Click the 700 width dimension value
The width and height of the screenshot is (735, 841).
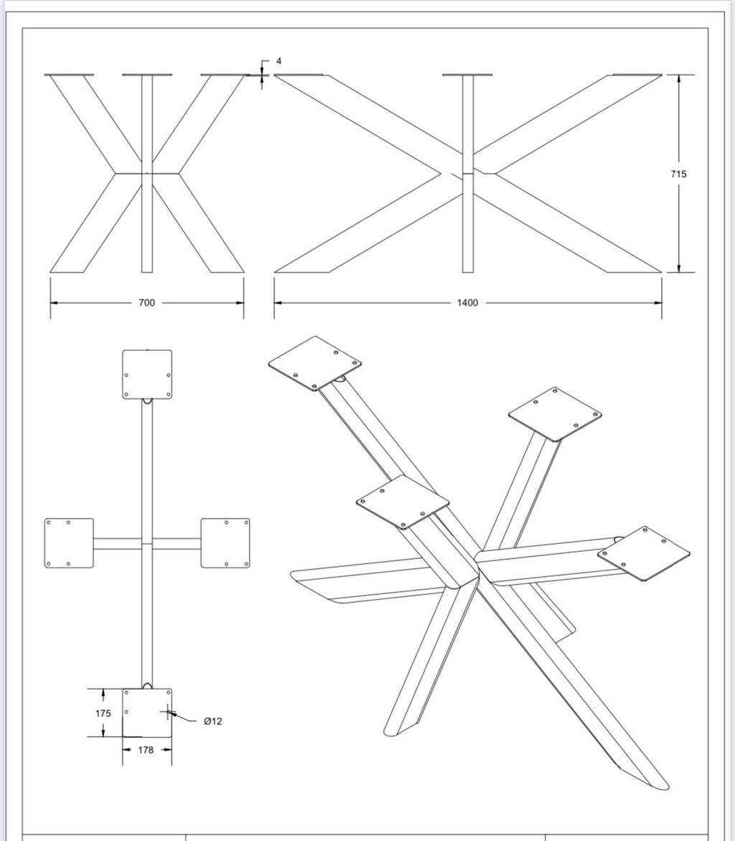point(146,303)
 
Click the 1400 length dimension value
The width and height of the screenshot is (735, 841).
point(467,303)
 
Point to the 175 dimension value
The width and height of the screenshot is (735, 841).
point(103,713)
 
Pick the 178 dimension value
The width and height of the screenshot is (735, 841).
point(146,749)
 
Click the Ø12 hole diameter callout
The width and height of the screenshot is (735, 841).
point(213,721)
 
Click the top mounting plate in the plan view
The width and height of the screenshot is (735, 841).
point(147,375)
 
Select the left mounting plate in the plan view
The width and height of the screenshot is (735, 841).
point(69,542)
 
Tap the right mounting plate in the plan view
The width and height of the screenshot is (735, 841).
point(225,542)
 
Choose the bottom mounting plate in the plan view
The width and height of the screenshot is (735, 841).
point(147,713)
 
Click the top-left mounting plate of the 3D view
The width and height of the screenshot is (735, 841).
point(314,363)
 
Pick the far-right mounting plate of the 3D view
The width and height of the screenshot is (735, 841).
point(644,553)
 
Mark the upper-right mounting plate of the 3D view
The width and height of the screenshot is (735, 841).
point(555,414)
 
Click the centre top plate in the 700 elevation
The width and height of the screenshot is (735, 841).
point(147,75)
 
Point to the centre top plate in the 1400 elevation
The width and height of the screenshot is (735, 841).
point(468,75)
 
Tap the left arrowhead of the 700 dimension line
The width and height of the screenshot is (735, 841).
point(54,303)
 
